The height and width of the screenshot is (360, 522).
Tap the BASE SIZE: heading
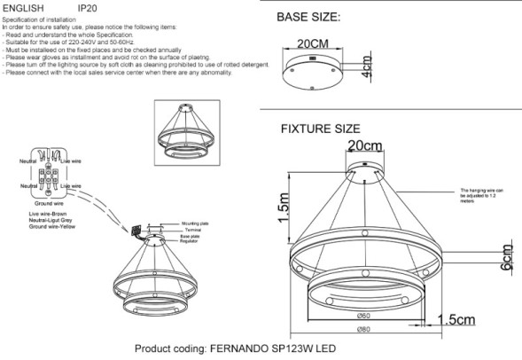coord(308,17)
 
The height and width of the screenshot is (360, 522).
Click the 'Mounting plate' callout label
coord(194,225)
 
